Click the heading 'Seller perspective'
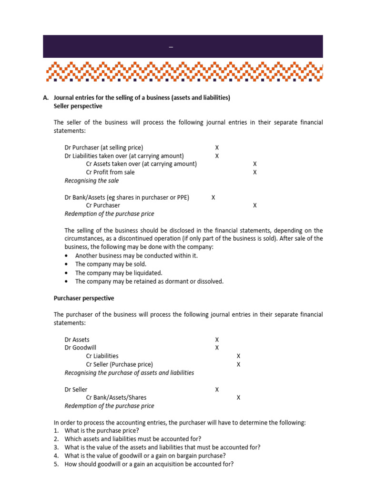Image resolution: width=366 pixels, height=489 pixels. (x=78, y=106)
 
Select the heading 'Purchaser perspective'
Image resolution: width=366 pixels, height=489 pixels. (x=84, y=298)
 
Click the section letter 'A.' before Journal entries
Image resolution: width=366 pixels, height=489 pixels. (x=46, y=97)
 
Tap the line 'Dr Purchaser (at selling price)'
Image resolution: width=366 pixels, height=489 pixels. (x=103, y=148)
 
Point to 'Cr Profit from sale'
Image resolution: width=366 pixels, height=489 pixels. (x=110, y=172)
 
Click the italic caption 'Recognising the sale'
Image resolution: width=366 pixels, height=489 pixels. (x=91, y=181)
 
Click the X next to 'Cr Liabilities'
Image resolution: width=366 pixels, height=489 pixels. (x=238, y=356)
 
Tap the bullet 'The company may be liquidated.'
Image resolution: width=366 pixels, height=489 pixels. (x=119, y=273)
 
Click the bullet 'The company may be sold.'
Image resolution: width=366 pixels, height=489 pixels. (x=111, y=264)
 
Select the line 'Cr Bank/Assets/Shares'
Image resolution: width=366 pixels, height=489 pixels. (x=116, y=398)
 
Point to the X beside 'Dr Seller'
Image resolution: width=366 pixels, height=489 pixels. (x=217, y=390)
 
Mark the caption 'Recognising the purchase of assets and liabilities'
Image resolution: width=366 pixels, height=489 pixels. (x=129, y=373)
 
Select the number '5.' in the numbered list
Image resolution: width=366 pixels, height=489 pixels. (x=56, y=464)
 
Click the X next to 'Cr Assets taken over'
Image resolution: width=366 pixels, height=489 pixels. (x=255, y=164)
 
